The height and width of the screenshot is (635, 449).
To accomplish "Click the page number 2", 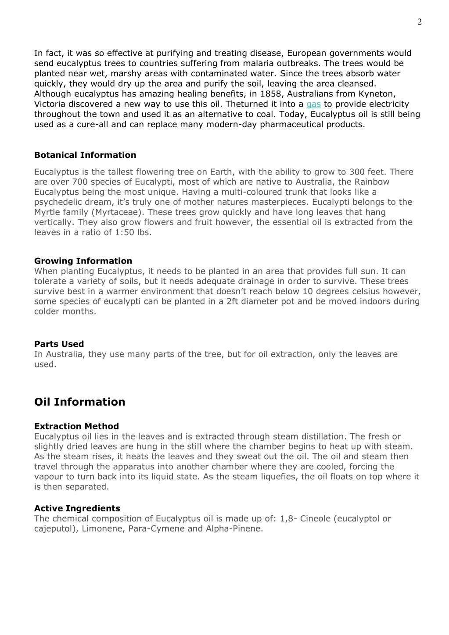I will tap(419, 22).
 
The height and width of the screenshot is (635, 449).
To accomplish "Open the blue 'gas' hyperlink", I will tap(313, 104).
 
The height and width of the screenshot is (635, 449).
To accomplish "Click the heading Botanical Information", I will tap(85, 155).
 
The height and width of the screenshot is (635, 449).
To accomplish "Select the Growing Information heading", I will tap(83, 261).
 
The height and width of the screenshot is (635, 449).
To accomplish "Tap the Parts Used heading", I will tap(59, 344).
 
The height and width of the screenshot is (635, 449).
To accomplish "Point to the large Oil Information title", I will tap(79, 402).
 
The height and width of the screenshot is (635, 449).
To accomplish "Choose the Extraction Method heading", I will tap(76, 427).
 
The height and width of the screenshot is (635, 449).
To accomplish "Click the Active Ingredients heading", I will tap(77, 509).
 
